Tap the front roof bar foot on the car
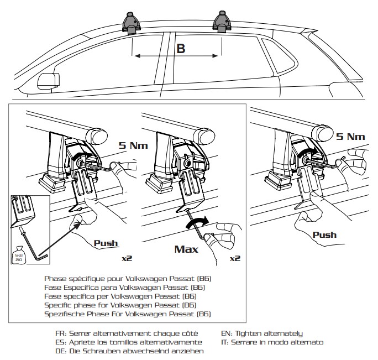point(132,23)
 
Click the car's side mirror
point(47,82)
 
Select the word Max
point(186,249)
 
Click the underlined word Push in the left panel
point(106,242)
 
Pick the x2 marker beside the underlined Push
point(127,257)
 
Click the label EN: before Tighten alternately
point(227,333)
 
